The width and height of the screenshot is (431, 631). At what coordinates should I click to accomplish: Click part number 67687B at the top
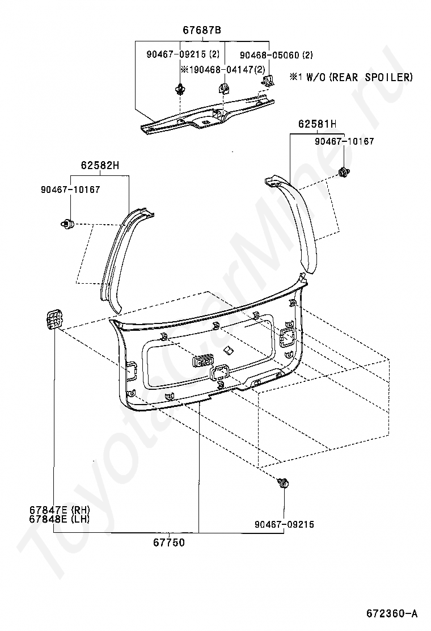202,31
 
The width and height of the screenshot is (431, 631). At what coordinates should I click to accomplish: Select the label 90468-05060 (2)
276,55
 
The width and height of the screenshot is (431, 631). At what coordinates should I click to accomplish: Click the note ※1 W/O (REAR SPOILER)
351,77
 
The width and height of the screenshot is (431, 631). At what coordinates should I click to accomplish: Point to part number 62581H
317,124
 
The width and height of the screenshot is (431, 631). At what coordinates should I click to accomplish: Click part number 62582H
100,166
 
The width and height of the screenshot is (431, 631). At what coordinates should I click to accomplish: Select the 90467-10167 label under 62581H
344,141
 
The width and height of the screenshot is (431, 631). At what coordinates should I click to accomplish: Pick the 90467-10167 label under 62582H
70,190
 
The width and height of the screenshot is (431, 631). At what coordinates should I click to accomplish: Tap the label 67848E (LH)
60,519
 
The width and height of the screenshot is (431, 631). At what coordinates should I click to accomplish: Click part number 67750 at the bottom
168,542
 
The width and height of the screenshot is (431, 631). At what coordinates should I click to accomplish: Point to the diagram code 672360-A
391,613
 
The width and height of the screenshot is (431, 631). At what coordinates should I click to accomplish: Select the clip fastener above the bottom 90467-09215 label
282,484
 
